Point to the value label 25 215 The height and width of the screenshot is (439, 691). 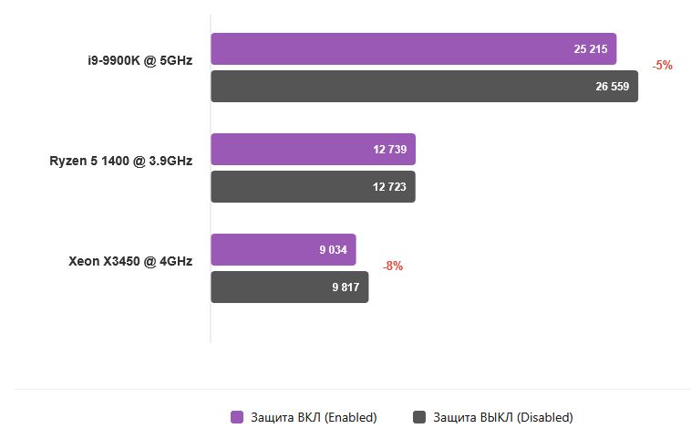click(591, 49)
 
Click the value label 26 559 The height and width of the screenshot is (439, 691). click(613, 87)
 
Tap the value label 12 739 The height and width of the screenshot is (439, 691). click(389, 149)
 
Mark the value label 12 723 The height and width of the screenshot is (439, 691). click(389, 186)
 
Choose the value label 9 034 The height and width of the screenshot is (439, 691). click(334, 249)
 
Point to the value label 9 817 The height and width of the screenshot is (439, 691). click(346, 287)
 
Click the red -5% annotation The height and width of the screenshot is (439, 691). click(663, 66)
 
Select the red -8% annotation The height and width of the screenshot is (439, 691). click(393, 267)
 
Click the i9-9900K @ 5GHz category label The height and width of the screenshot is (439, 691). click(134, 61)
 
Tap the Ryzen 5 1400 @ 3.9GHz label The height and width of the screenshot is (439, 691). click(121, 162)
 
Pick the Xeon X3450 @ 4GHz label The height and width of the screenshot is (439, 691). click(130, 261)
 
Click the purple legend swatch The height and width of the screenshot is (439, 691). click(237, 417)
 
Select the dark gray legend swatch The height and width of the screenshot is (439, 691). click(419, 417)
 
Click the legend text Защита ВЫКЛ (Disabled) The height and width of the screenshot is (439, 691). click(503, 417)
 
